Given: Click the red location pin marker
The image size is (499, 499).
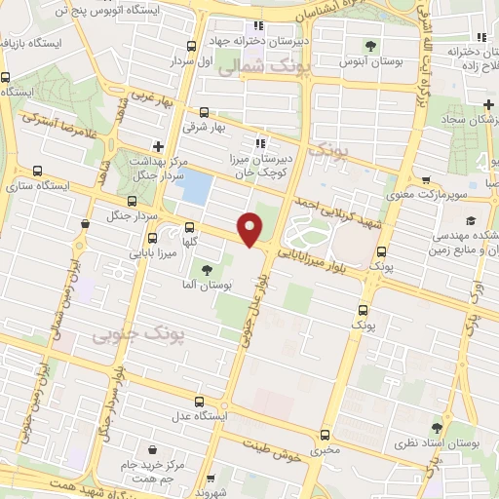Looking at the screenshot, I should [250, 229].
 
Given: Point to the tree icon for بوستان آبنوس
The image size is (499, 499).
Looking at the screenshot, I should [370, 45].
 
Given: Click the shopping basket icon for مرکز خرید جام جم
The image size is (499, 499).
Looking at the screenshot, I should [154, 449].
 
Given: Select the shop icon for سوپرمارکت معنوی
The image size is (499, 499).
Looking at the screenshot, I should [426, 179].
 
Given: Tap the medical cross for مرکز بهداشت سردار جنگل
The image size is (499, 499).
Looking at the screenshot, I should [158, 146].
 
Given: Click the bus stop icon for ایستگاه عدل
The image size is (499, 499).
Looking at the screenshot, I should [200, 402].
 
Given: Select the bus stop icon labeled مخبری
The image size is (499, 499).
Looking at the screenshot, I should [325, 436].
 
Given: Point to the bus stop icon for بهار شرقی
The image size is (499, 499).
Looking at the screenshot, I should [204, 112].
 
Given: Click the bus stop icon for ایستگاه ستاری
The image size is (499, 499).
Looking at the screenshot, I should [37, 170].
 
